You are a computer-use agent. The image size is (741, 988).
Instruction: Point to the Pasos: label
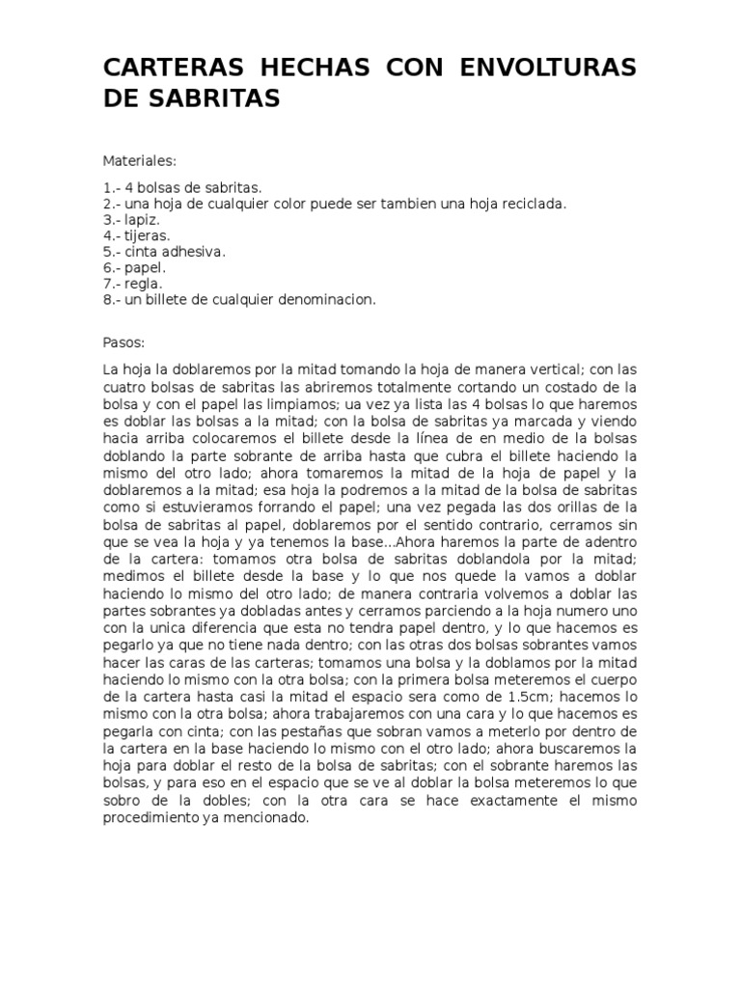[x=123, y=342]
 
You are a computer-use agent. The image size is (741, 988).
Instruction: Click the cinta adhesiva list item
[x=164, y=251]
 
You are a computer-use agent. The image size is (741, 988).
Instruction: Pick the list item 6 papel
[x=135, y=267]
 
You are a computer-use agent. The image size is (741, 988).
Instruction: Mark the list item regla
[x=134, y=284]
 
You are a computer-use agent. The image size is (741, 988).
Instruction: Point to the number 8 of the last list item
[x=107, y=299]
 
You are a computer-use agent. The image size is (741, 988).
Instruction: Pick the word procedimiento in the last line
[x=151, y=817]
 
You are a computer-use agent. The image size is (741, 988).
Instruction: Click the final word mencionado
[x=268, y=817]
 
